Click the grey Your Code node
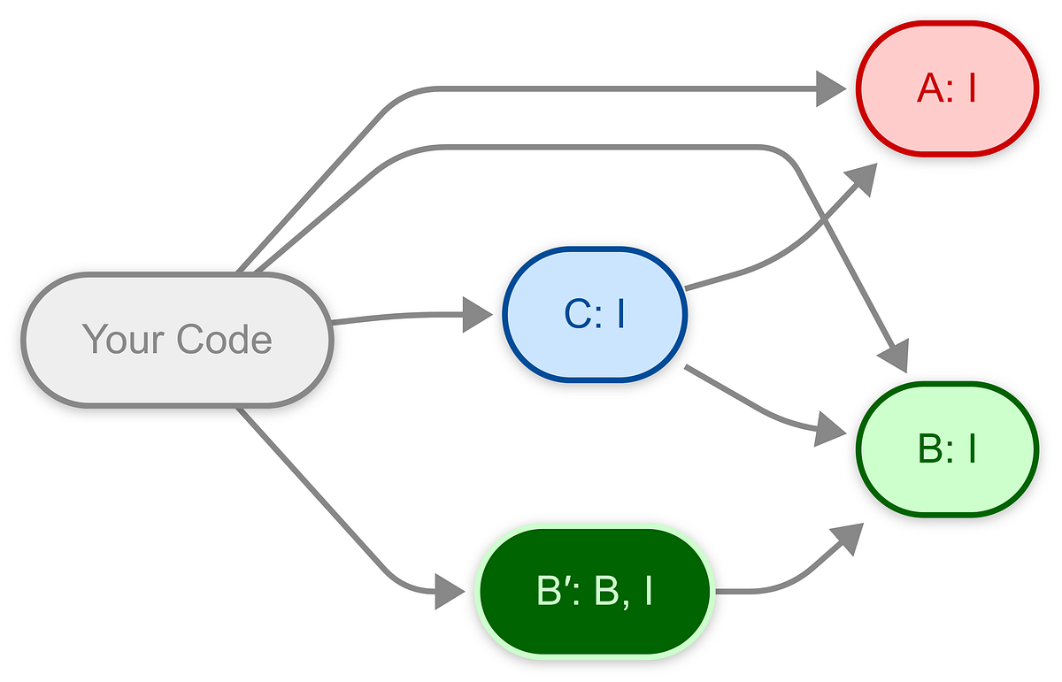[x=177, y=340]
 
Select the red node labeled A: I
[x=946, y=88]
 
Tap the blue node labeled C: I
[x=595, y=314]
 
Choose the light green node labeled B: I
[x=946, y=449]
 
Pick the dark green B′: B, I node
[x=595, y=592]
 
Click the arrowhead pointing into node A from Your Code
[x=830, y=88]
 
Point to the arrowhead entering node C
[x=478, y=314]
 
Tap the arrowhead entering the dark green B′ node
[x=450, y=592]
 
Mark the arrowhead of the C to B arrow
[x=830, y=431]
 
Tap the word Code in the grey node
[x=223, y=340]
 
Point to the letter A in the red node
[x=929, y=88]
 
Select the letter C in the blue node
[x=578, y=314]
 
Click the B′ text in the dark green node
[x=555, y=592]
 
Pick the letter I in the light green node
[x=972, y=449]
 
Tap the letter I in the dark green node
[x=648, y=592]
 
